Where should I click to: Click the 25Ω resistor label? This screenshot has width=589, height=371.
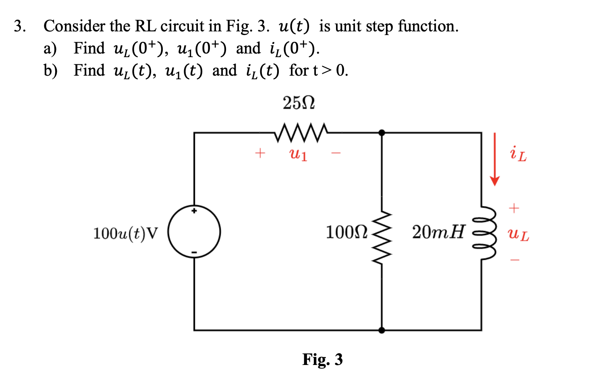299,103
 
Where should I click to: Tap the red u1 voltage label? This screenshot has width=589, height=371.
299,154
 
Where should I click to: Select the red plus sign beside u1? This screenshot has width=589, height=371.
260,153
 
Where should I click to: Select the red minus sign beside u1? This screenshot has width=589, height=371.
336,153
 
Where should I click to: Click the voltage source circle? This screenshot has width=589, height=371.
194,231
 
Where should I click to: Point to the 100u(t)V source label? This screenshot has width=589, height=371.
126,233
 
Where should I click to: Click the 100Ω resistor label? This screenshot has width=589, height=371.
346,232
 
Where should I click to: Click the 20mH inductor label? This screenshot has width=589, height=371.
438,232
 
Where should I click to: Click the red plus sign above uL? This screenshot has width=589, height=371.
514,208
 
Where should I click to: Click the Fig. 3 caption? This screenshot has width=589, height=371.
322,359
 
